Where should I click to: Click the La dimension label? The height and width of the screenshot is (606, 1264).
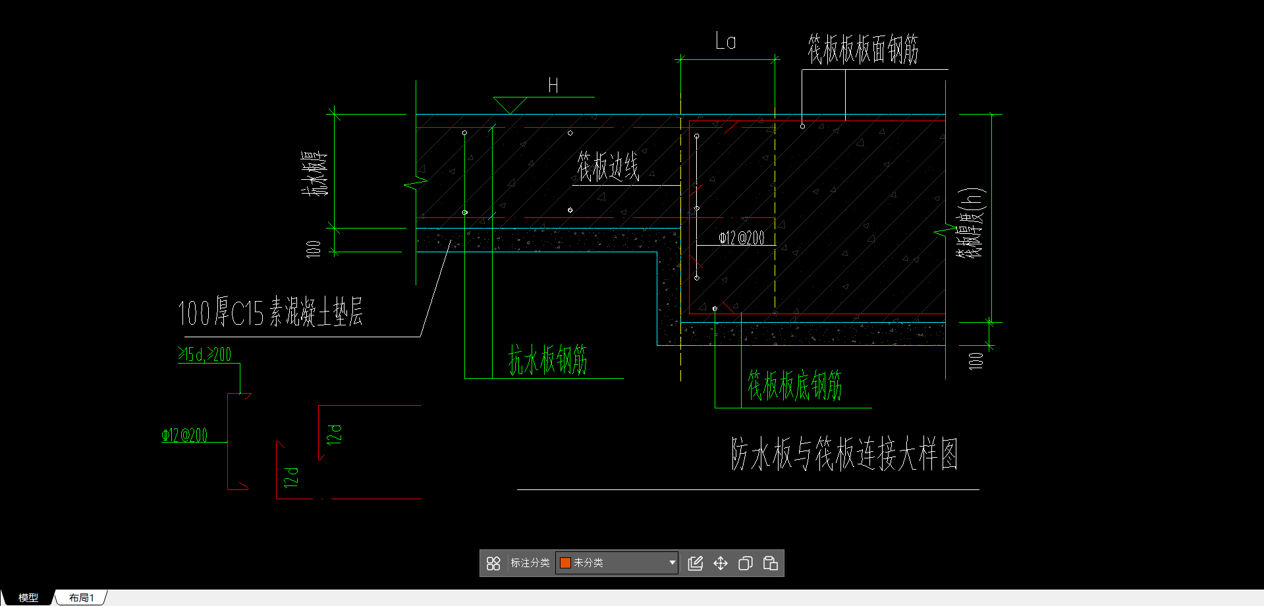click(x=725, y=41)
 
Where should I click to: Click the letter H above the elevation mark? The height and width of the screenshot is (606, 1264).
click(x=553, y=86)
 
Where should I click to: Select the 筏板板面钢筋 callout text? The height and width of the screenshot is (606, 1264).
click(x=863, y=49)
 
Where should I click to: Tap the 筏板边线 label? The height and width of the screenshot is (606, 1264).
click(x=608, y=167)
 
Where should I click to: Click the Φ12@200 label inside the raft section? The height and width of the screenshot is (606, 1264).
click(x=741, y=238)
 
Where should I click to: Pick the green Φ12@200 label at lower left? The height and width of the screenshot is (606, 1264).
click(x=184, y=435)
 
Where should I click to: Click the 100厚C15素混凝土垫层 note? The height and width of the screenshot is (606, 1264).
click(x=270, y=312)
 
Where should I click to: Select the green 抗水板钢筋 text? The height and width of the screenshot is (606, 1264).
click(x=547, y=360)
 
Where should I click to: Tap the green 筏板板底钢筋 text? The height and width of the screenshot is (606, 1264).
click(x=794, y=385)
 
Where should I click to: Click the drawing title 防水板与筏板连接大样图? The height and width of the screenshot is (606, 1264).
click(x=844, y=454)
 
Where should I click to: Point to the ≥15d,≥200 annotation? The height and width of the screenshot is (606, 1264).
click(x=205, y=354)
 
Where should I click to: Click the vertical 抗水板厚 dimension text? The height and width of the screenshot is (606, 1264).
click(x=314, y=173)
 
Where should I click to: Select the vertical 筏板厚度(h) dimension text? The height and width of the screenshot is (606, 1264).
click(x=971, y=223)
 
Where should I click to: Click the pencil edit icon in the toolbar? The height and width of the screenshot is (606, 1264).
click(x=695, y=563)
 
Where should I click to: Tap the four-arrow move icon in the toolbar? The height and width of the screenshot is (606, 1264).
click(x=720, y=563)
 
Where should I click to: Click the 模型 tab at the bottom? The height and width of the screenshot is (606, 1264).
click(x=28, y=597)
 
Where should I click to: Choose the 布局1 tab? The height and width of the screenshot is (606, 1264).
click(x=81, y=597)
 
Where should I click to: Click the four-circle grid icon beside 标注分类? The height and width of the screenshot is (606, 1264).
click(x=493, y=563)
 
